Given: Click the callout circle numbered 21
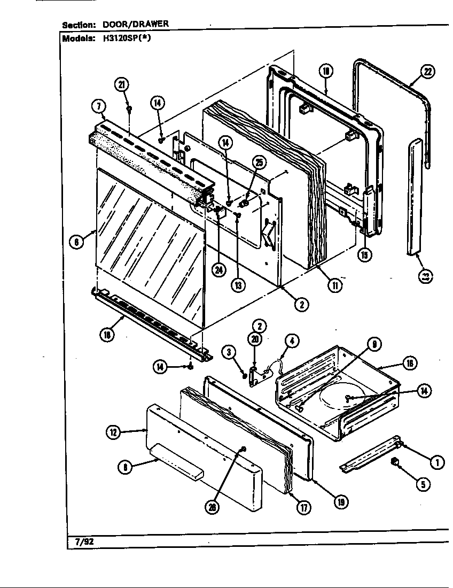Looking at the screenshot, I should pyautogui.click(x=121, y=84).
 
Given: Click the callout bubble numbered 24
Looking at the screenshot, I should pyautogui.click(x=217, y=270).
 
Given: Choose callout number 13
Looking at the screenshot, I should pyautogui.click(x=238, y=284).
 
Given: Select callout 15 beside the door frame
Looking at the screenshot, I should pyautogui.click(x=364, y=255).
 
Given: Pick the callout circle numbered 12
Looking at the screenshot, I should pyautogui.click(x=113, y=432).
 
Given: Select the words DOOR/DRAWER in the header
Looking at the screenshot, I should pyautogui.click(x=136, y=24).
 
